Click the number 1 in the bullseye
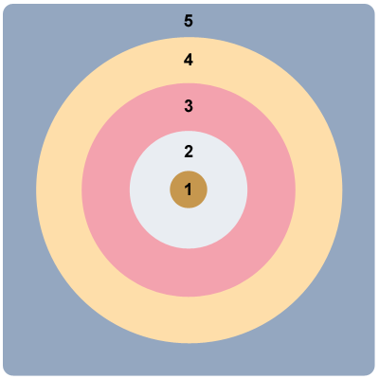[189, 189]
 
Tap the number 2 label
[189, 152]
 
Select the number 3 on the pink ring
[189, 106]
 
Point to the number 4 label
[189, 60]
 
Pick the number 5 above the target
[189, 21]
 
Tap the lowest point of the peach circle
[189, 343]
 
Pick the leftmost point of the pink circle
[81, 190]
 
